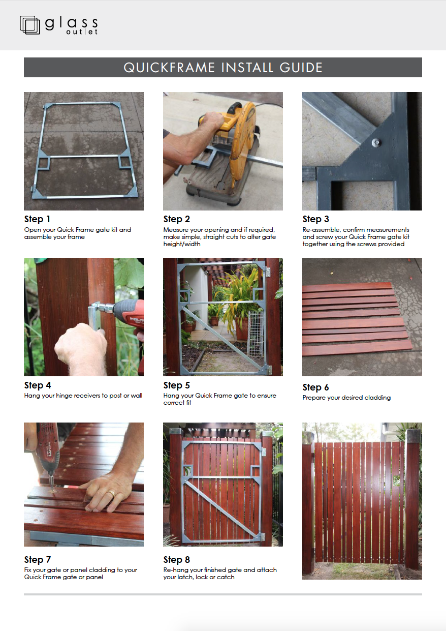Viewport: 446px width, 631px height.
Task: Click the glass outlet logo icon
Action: tap(30, 25)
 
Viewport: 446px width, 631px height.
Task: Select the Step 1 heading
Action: tap(37, 219)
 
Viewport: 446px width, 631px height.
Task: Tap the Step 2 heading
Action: tap(176, 219)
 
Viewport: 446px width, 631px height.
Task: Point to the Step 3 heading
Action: tap(315, 219)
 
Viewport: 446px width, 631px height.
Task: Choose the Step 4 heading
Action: tap(38, 385)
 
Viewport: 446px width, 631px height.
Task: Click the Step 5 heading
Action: tap(176, 385)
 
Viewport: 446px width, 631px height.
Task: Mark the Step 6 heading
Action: tap(315, 387)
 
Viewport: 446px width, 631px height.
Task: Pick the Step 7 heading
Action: tap(38, 560)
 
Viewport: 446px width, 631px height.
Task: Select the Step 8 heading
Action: tap(176, 560)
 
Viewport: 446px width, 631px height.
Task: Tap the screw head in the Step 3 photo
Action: tap(377, 143)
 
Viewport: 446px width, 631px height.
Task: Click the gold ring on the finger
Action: tap(111, 494)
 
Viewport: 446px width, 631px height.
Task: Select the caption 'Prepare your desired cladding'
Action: tap(346, 398)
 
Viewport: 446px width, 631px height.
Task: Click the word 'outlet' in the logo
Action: tap(82, 32)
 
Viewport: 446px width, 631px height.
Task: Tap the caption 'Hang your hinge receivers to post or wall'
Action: tap(83, 396)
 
